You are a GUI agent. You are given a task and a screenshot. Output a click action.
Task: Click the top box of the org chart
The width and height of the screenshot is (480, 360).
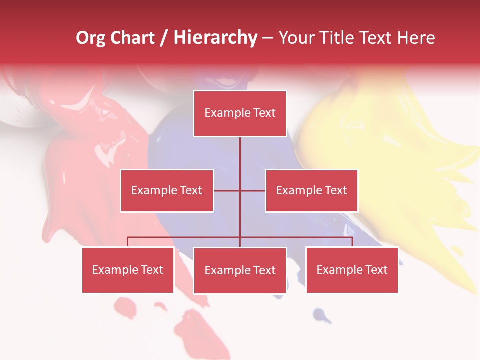(x=240, y=113)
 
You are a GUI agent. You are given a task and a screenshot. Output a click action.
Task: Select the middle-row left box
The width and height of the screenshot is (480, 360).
(x=167, y=190)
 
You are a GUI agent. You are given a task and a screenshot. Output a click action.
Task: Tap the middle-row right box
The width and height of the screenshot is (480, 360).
(x=311, y=190)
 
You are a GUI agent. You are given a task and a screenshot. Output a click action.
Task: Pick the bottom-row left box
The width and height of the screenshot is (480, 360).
(x=128, y=270)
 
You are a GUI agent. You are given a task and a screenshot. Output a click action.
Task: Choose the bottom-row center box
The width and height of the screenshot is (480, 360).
(x=240, y=270)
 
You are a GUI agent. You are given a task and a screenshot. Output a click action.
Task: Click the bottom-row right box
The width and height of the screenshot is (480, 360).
(x=352, y=270)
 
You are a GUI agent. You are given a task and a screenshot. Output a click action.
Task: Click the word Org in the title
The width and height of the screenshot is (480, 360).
(x=90, y=38)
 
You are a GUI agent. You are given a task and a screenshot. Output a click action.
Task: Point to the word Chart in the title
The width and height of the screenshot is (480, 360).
(x=132, y=38)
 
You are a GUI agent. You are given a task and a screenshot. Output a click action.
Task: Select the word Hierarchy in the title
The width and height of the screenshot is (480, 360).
(x=215, y=38)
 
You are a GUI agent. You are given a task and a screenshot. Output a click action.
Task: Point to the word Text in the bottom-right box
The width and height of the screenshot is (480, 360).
(x=376, y=270)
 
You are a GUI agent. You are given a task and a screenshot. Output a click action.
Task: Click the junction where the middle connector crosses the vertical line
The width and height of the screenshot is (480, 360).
(x=240, y=190)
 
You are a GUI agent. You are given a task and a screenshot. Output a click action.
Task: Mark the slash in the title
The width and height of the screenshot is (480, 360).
(x=164, y=38)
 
